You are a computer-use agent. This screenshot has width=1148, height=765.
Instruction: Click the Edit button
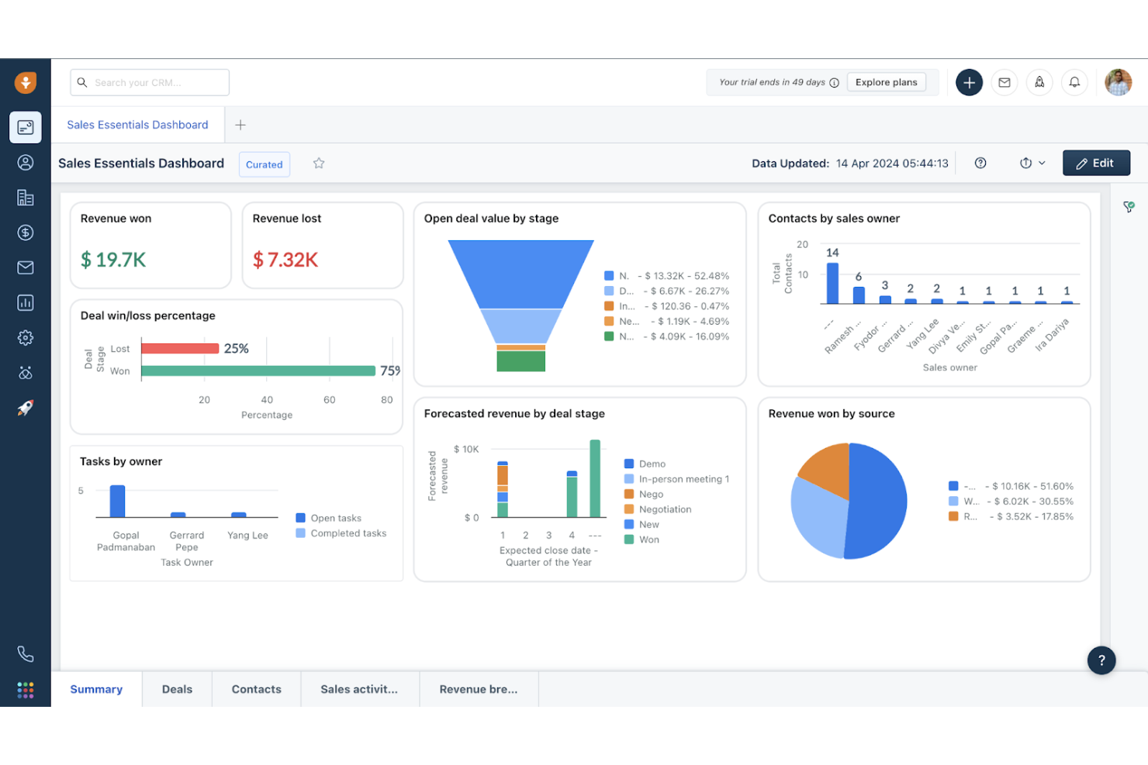pos(1095,164)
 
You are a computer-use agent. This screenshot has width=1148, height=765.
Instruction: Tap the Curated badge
pos(265,164)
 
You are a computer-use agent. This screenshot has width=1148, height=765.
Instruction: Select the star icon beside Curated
pos(319,164)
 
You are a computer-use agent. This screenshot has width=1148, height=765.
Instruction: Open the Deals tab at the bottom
pos(177,689)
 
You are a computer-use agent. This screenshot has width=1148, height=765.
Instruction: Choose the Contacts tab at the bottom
pos(256,689)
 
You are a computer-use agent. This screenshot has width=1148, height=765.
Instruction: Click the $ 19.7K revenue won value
pos(113,260)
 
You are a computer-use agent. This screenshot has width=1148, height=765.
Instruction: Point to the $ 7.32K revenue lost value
pos(285,260)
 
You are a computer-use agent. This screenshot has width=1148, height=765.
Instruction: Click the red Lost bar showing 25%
pos(180,349)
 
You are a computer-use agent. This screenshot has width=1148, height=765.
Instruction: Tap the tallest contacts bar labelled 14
pos(832,283)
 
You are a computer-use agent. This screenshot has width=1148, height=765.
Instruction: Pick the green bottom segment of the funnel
pos(520,361)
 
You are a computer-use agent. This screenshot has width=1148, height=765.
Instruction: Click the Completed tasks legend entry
pos(348,533)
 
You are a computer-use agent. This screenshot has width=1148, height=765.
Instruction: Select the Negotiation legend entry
pos(664,509)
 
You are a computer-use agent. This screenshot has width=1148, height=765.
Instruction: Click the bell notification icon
pos(1074,82)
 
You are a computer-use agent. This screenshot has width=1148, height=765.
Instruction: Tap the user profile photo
pos(1118,82)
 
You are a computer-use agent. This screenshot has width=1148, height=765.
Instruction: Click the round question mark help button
pos(1101,660)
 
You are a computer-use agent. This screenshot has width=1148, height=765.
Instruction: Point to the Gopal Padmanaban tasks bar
pos(118,501)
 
